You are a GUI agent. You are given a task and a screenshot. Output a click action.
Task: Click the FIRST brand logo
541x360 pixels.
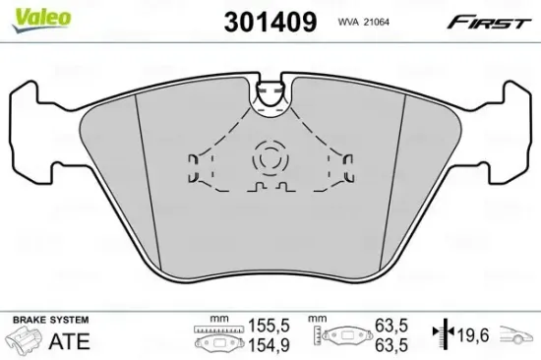(486, 21)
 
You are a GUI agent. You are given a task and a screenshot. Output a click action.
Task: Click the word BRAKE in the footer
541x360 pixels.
(30, 320)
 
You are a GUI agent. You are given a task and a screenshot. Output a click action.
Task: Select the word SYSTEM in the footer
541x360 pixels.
(69, 320)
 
